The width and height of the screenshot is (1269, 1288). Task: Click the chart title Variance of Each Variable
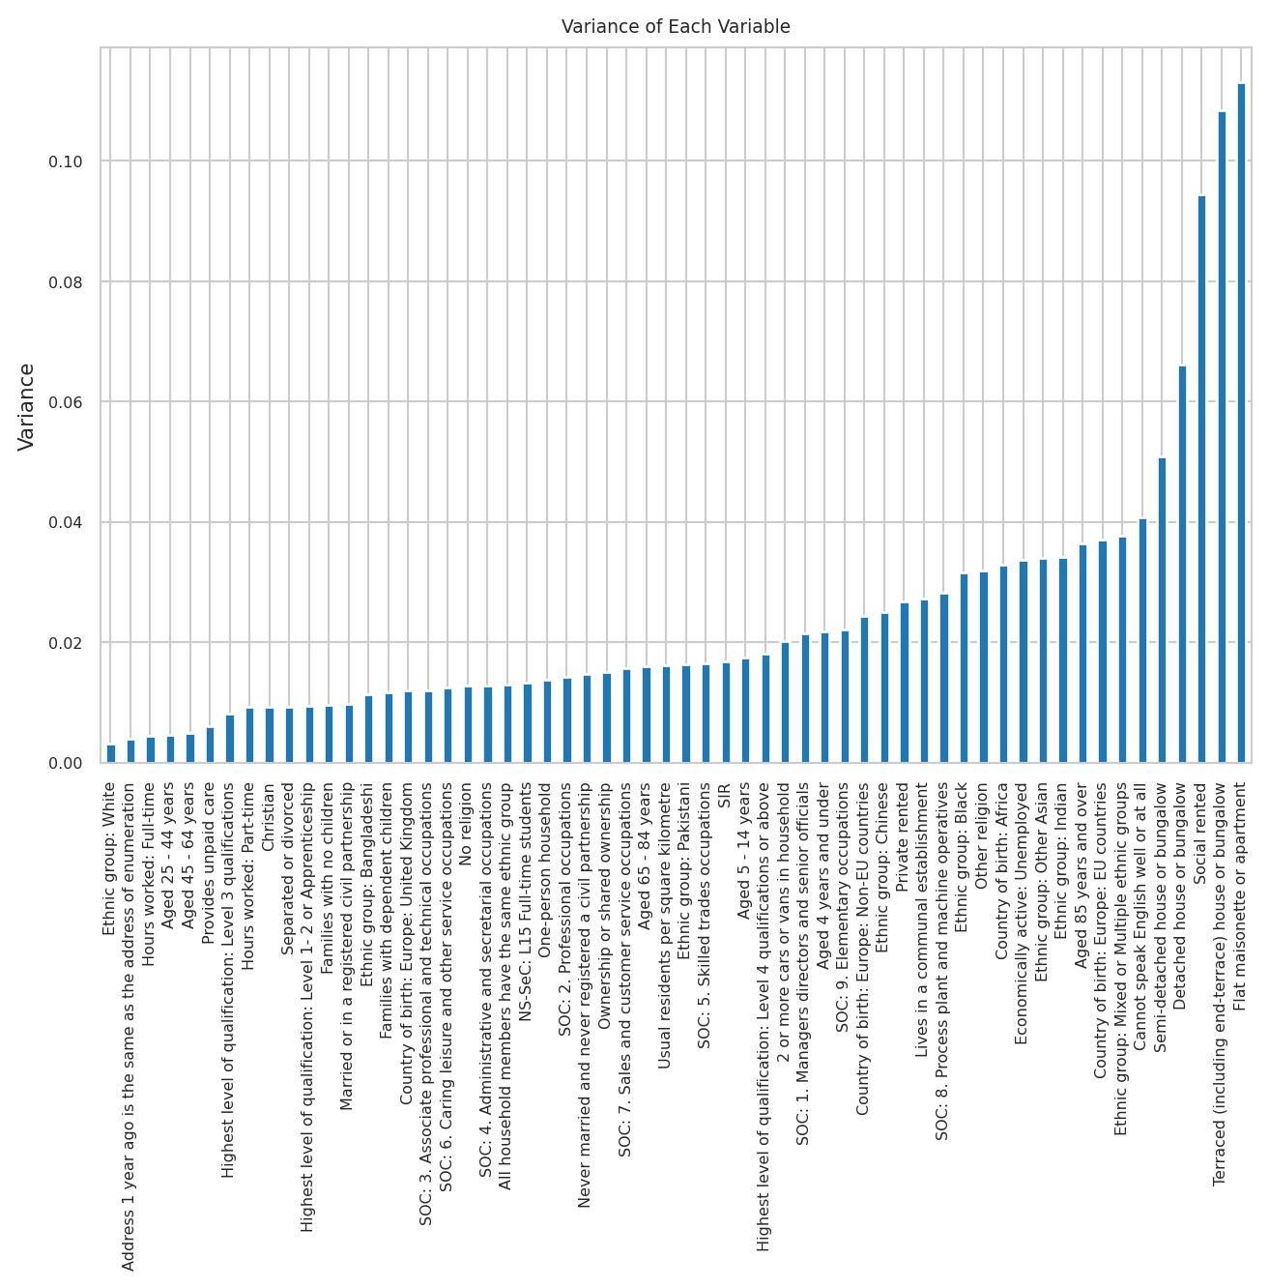pyautogui.click(x=676, y=27)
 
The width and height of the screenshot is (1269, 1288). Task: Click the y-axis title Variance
pyautogui.click(x=27, y=406)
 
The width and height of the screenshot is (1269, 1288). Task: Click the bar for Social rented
pyautogui.click(x=1201, y=480)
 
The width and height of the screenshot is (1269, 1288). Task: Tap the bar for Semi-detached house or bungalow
pyautogui.click(x=1162, y=610)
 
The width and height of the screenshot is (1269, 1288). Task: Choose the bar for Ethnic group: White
pyautogui.click(x=111, y=754)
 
